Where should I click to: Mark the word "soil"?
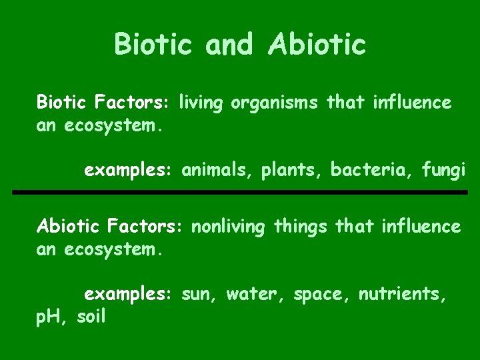(x=91, y=317)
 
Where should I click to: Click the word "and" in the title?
(x=229, y=45)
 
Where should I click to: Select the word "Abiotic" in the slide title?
(x=317, y=45)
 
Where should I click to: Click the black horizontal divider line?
(x=240, y=193)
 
